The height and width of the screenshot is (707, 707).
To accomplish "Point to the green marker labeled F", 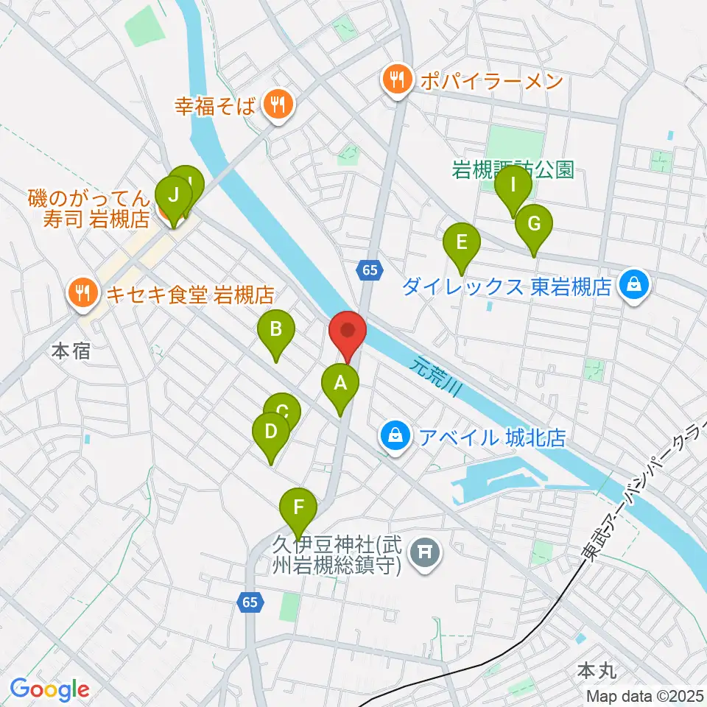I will (x=298, y=510).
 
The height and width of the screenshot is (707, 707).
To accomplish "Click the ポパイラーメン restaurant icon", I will (x=397, y=80).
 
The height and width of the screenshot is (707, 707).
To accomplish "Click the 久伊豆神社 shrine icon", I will (x=423, y=549).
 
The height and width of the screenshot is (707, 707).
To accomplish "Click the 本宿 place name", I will (x=71, y=351).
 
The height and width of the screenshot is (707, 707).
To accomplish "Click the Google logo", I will (x=50, y=689).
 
